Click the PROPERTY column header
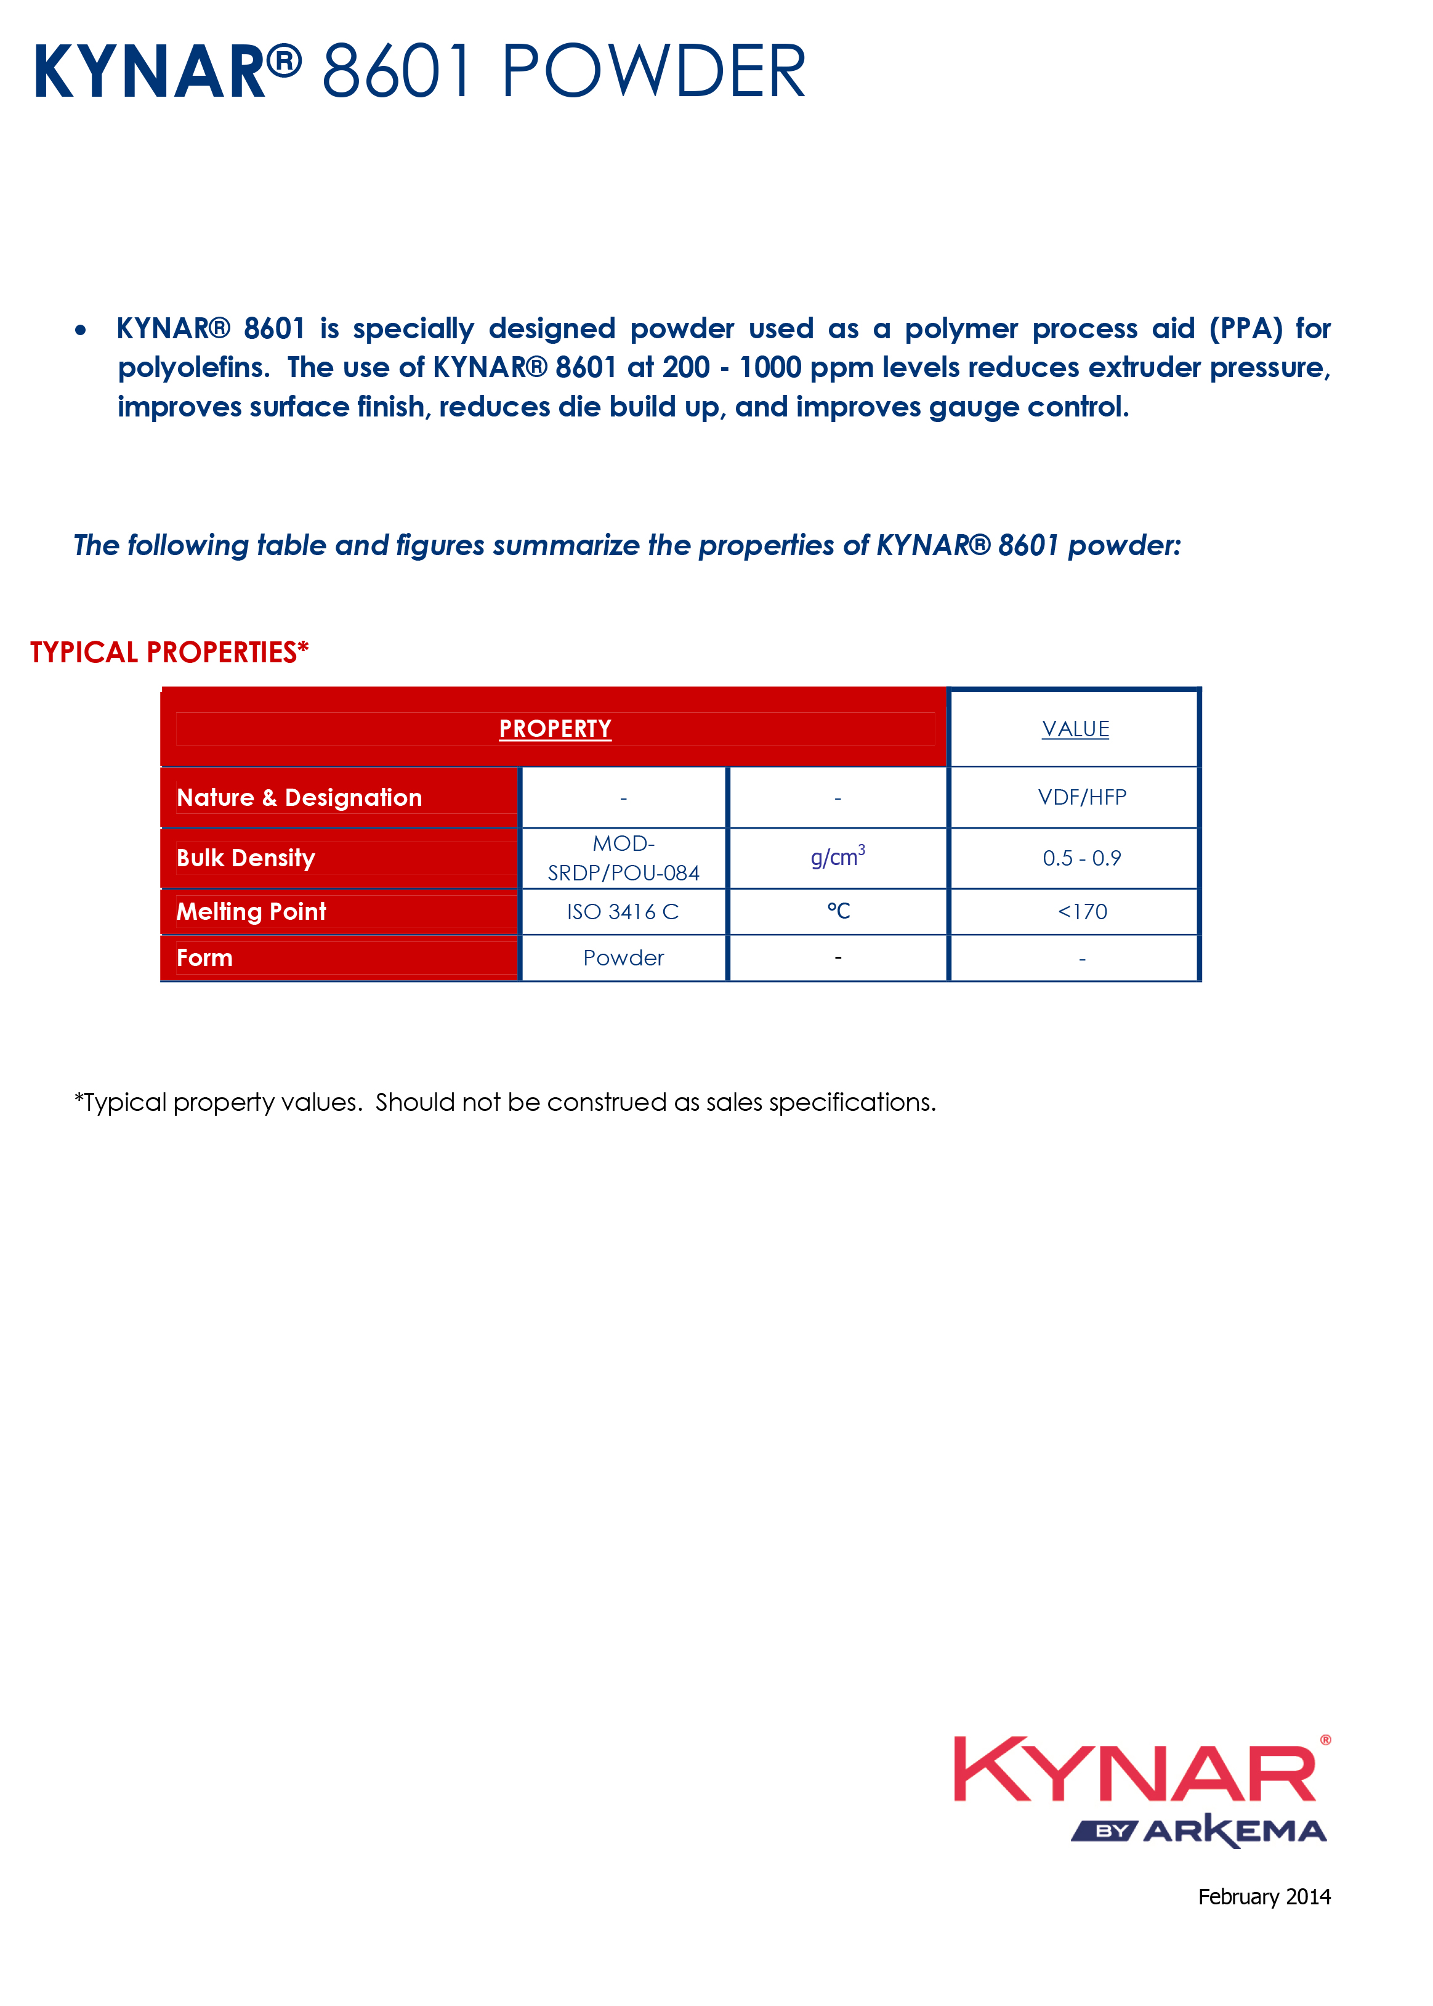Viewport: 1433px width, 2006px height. [555, 728]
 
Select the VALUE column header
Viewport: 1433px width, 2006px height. [1075, 729]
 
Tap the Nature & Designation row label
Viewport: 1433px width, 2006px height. [299, 798]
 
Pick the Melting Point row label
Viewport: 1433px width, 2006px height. [251, 912]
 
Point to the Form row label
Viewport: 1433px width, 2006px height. [204, 959]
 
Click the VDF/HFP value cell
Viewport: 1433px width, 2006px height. [1082, 798]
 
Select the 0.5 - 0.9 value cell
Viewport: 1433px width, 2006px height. [1082, 858]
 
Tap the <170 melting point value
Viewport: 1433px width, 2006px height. [1082, 912]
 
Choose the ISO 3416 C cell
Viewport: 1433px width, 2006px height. [623, 912]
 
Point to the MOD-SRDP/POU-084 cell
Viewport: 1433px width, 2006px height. [623, 858]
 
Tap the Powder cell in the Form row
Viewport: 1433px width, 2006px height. [623, 959]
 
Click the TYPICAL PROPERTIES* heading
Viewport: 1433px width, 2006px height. [169, 652]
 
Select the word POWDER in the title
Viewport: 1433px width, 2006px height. [653, 71]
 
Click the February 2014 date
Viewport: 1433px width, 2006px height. [1264, 1896]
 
